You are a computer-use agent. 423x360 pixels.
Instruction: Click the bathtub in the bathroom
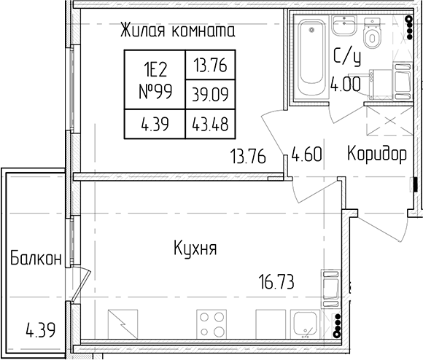[311, 58]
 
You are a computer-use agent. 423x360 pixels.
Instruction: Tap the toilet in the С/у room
[372, 33]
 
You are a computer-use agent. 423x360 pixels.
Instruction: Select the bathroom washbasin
[344, 25]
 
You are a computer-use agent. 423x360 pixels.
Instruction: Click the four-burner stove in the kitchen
[212, 324]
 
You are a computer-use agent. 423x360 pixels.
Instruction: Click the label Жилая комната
[177, 30]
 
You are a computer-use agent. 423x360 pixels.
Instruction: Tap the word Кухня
[195, 249]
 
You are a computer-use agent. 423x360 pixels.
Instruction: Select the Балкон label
[36, 258]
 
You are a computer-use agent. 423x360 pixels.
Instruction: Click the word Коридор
[377, 154]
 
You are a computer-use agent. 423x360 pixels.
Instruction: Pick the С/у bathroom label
[347, 57]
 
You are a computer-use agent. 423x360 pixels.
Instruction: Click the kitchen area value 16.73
[276, 281]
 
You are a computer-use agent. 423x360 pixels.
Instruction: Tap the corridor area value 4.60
[307, 154]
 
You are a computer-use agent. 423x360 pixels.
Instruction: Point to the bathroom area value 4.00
[346, 84]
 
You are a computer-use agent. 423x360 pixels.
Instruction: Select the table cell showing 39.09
[211, 94]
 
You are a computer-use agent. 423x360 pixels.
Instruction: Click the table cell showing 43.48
[210, 124]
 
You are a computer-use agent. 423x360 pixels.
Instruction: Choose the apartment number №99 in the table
[155, 92]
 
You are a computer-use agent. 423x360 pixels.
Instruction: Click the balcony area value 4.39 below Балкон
[41, 329]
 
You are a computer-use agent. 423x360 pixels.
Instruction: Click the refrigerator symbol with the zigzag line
[123, 324]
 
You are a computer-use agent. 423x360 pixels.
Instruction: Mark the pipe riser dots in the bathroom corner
[410, 27]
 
